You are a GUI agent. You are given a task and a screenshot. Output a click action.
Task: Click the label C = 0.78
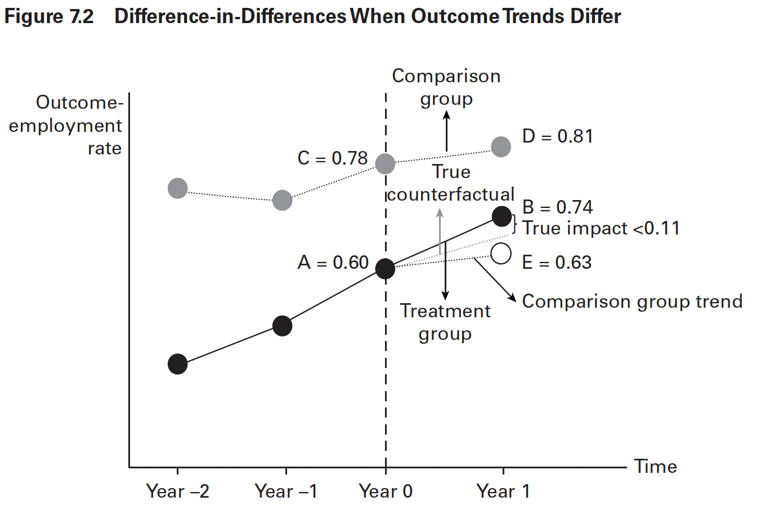tap(332, 158)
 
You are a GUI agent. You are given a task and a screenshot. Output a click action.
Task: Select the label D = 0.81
tap(557, 136)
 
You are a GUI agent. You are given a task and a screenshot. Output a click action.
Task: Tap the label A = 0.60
tap(333, 263)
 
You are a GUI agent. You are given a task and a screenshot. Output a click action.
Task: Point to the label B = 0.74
tap(557, 207)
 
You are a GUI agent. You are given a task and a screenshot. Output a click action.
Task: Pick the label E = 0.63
tap(557, 263)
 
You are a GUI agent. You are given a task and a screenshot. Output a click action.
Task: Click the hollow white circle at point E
tap(501, 254)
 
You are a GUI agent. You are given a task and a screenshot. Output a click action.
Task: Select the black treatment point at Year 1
tap(502, 216)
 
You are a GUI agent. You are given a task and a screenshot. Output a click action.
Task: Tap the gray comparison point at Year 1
tap(501, 147)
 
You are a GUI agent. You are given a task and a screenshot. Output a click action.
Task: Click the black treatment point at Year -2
tap(177, 364)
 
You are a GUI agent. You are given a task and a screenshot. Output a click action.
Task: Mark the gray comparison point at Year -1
tap(282, 200)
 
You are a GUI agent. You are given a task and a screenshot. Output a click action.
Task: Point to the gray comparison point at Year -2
tap(177, 188)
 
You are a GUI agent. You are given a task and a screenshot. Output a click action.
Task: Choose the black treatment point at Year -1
tap(282, 326)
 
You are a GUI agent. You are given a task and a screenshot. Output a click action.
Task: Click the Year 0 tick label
tap(386, 491)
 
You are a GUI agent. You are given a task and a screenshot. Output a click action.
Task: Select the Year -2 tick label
tap(177, 491)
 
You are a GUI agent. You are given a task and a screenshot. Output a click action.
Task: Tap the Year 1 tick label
tap(503, 491)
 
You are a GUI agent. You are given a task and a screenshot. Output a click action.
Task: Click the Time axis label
tap(655, 467)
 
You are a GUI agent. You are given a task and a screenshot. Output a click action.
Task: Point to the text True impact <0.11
tap(601, 228)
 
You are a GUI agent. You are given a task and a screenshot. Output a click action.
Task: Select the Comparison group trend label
tap(632, 302)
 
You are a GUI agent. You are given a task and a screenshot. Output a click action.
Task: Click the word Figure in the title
tap(33, 16)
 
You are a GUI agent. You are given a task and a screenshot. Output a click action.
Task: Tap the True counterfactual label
tap(450, 183)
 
